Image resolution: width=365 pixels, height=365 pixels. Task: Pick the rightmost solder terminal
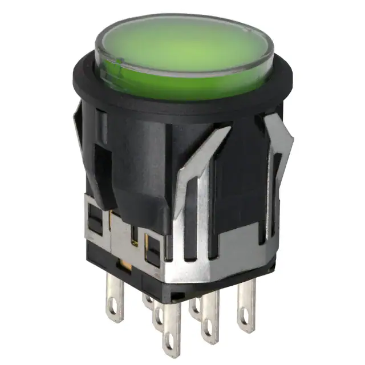246,305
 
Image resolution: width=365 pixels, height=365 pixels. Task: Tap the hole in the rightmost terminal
246,322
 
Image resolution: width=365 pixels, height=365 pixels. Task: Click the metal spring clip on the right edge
279,148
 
